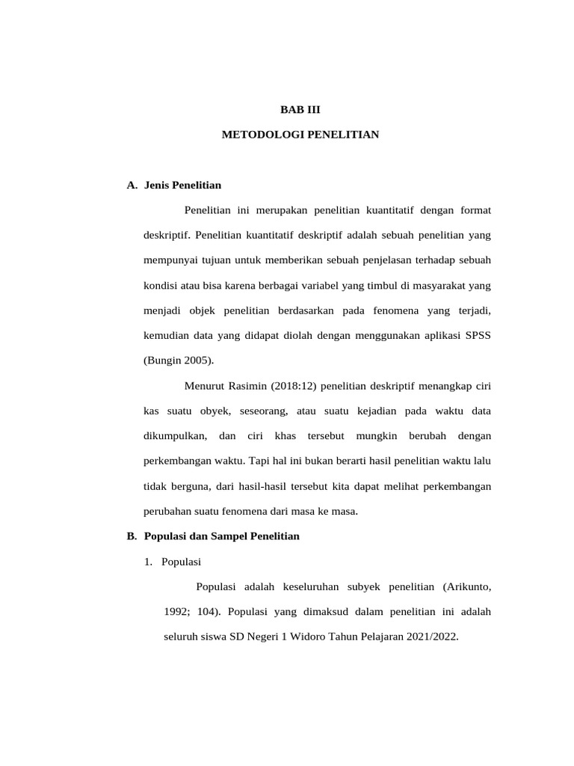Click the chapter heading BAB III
point(300,109)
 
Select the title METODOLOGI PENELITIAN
point(300,135)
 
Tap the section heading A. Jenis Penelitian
point(174,185)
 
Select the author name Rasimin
point(251,386)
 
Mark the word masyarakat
point(435,285)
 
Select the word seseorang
point(260,411)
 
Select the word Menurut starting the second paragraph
point(205,386)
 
